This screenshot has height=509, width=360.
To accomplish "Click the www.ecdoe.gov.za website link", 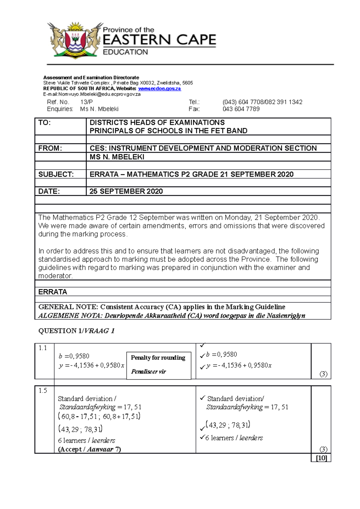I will click(159, 89).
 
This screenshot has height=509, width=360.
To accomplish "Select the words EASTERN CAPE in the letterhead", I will click(159, 40).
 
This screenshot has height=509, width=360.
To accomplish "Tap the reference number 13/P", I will click(86, 102).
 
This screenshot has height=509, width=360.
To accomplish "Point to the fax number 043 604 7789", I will click(241, 109).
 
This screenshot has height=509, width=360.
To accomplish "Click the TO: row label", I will click(44, 123).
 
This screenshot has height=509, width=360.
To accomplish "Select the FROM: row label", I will click(50, 148).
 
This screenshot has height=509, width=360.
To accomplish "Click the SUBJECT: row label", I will click(56, 174).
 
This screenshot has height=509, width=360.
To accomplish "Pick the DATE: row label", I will click(49, 191).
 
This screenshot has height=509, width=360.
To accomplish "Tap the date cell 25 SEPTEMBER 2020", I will click(126, 191).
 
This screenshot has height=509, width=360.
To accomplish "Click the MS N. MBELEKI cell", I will click(117, 157).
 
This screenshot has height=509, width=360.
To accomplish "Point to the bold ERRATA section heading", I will click(52, 292).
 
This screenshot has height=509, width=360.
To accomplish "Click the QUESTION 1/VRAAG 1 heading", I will click(76, 331).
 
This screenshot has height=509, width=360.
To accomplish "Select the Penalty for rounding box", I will click(158, 365).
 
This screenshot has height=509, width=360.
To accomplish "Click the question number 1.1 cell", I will click(43, 348).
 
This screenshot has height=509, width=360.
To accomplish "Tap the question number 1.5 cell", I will click(43, 391).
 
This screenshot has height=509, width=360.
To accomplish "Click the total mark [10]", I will click(321, 458).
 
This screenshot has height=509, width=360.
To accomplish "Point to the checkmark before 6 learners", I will click(202, 437).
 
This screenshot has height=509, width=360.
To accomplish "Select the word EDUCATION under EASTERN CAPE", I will click(125, 52).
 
